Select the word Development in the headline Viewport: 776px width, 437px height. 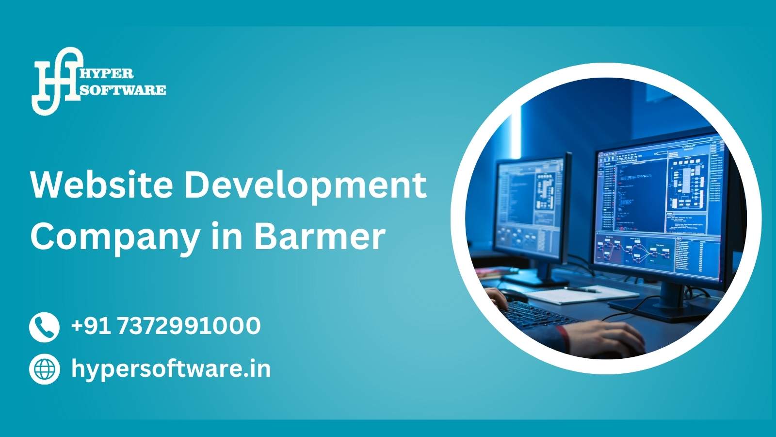[x=305, y=187]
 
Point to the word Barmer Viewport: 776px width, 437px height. [x=320, y=236]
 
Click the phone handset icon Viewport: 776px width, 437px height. [x=44, y=327]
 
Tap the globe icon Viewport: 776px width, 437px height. [x=44, y=369]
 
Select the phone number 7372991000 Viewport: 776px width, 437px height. [x=189, y=326]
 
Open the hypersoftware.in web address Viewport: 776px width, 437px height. [x=171, y=369]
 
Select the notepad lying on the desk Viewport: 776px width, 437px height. [x=582, y=294]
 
